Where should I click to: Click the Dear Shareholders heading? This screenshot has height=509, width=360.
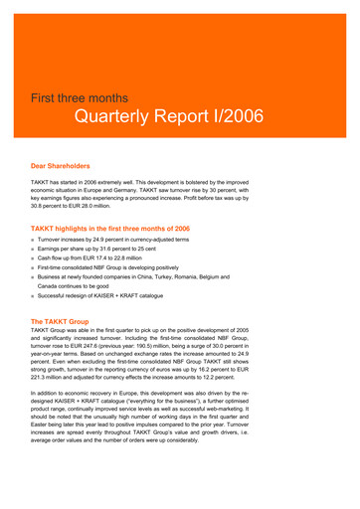(x=61, y=167)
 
